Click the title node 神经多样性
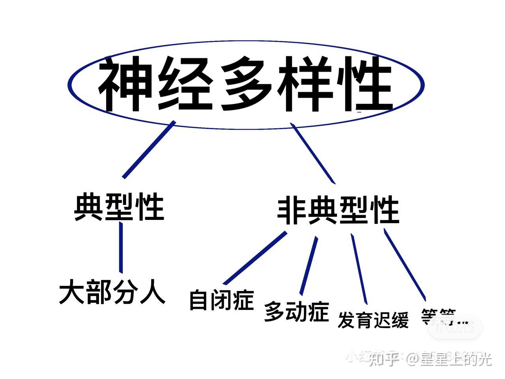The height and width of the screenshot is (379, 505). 245,84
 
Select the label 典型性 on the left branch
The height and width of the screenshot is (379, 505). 119,206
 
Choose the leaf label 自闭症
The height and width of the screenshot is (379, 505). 221,300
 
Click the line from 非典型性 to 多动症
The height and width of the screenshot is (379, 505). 309,265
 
